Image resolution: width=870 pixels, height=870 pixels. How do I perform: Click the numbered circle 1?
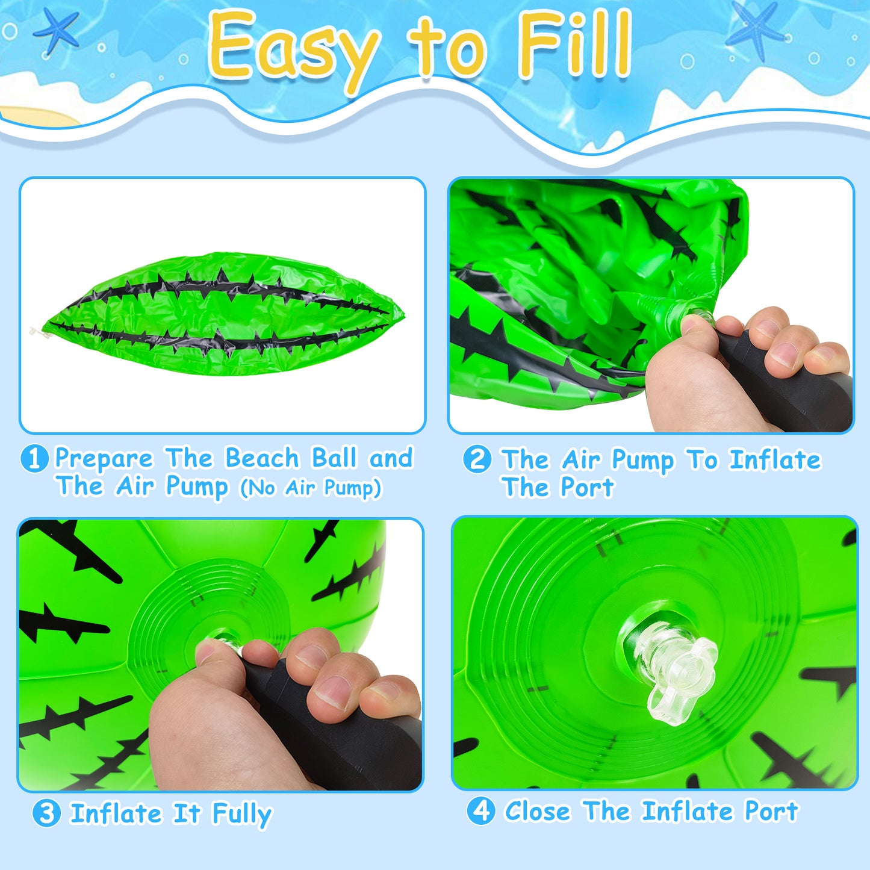click(x=34, y=458)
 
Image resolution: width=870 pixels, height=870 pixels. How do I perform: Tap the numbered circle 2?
click(x=477, y=459)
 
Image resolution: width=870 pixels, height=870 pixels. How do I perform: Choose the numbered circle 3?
click(x=46, y=813)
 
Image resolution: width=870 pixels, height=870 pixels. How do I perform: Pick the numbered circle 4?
click(x=481, y=811)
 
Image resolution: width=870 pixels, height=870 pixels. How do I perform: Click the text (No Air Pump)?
click(x=311, y=488)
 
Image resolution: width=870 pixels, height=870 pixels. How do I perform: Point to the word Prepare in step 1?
click(x=104, y=459)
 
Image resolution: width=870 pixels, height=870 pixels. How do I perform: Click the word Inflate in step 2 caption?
click(x=775, y=460)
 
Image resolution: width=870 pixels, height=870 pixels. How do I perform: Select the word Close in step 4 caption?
click(x=538, y=812)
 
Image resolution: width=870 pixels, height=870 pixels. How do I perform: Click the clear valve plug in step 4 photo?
click(x=671, y=669)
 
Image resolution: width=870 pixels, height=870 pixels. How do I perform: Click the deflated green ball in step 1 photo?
click(x=223, y=314)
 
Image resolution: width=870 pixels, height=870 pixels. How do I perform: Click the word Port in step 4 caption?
click(x=772, y=812)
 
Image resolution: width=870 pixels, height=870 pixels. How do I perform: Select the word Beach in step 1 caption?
click(x=262, y=458)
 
